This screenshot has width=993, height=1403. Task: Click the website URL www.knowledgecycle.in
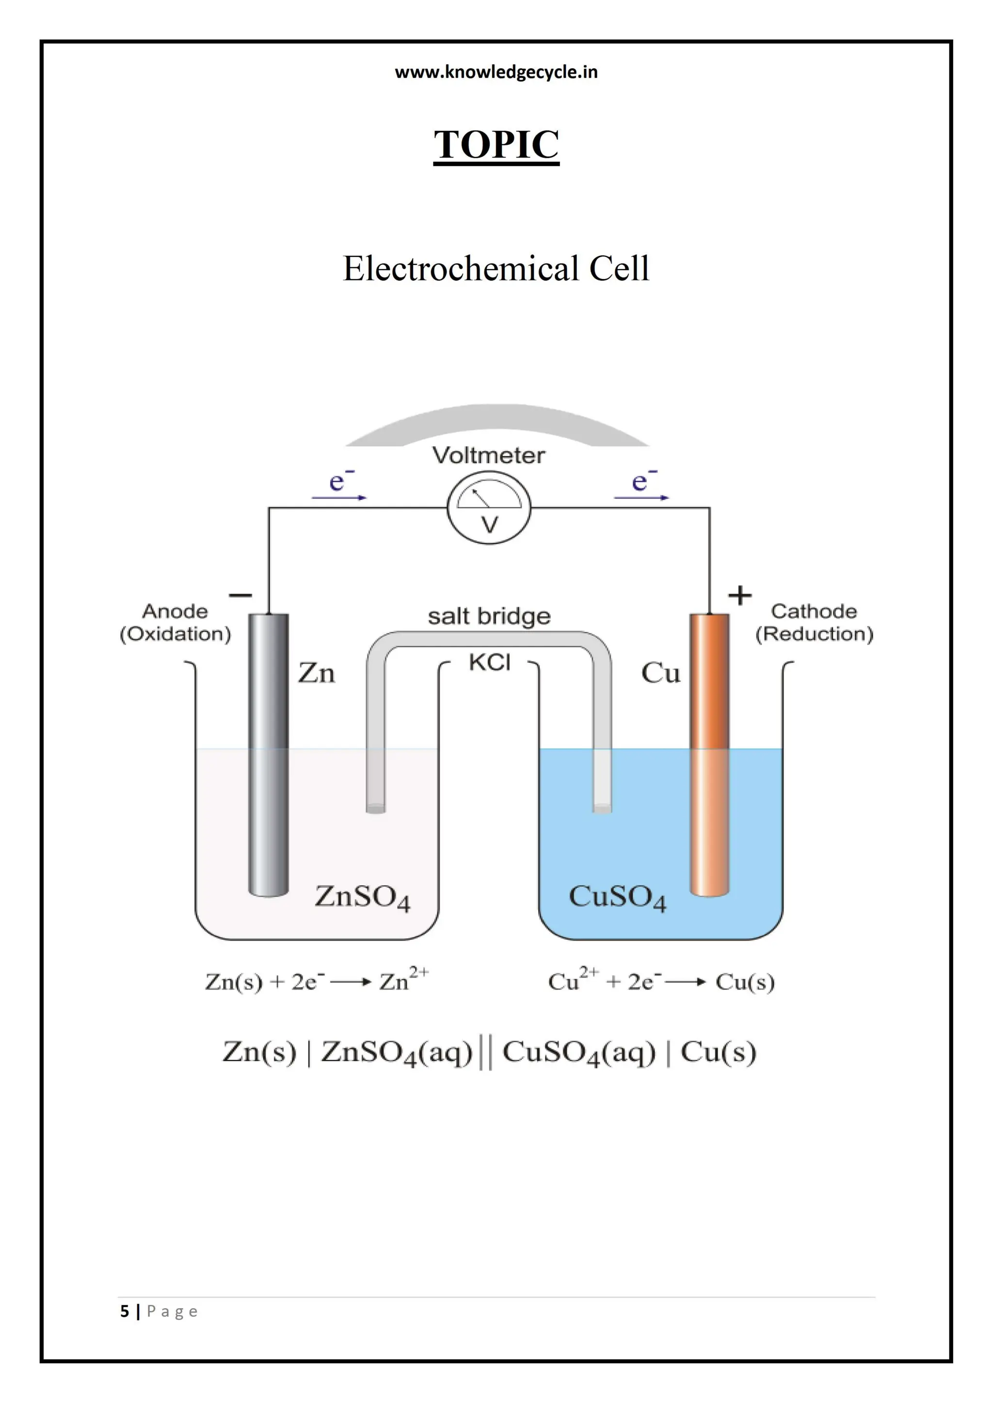(496, 72)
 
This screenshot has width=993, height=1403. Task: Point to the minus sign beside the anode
(240, 594)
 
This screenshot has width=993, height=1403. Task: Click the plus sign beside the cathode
(739, 594)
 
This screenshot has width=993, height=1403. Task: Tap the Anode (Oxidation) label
(176, 623)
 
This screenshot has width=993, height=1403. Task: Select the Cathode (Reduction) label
(814, 623)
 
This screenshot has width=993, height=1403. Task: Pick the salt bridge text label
(489, 616)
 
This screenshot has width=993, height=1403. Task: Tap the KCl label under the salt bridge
(489, 662)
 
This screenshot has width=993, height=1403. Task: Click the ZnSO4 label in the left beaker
(362, 897)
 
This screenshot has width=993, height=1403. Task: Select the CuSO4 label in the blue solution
(617, 897)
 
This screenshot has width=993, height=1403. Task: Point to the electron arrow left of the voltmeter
(339, 496)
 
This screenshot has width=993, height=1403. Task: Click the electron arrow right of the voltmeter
(641, 496)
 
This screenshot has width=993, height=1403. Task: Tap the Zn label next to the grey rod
(316, 673)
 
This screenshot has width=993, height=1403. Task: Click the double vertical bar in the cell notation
(485, 1052)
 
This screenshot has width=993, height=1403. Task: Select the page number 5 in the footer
(125, 1312)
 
